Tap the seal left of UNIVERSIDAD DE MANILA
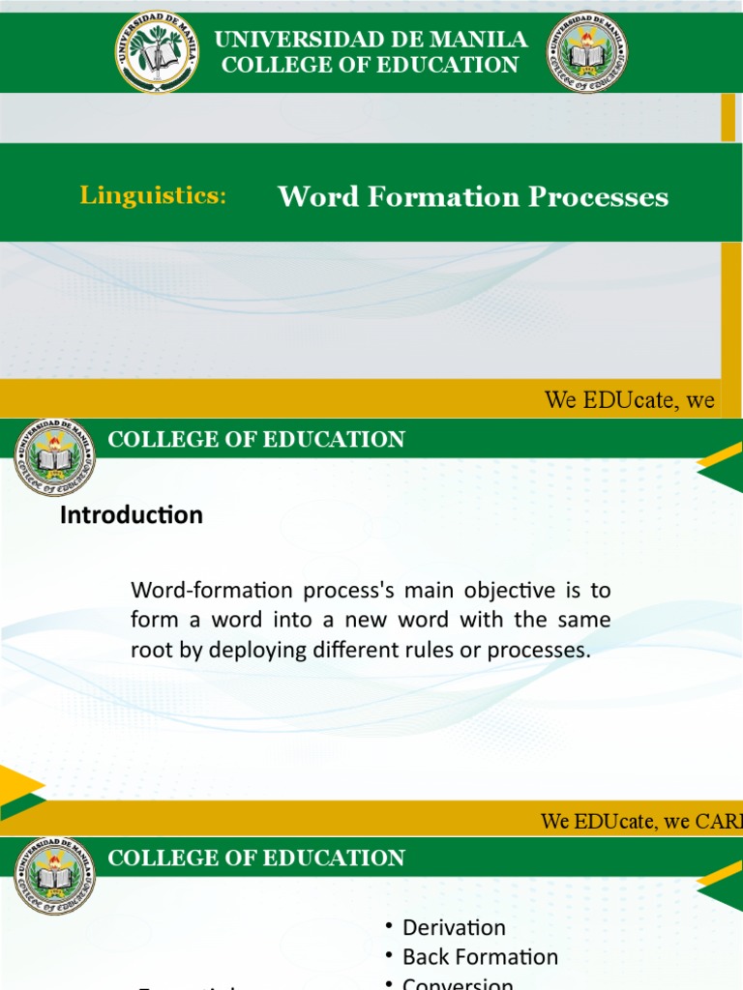pos(157,51)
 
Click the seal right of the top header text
pos(586,51)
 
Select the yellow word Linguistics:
pos(153,195)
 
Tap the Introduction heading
pos(132,515)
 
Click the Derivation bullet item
pos(454,927)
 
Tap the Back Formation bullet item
pos(480,957)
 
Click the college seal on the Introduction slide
pos(55,457)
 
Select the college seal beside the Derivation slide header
pos(55,876)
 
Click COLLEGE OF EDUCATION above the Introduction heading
pos(256,440)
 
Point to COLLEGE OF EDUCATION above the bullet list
pos(256,859)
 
